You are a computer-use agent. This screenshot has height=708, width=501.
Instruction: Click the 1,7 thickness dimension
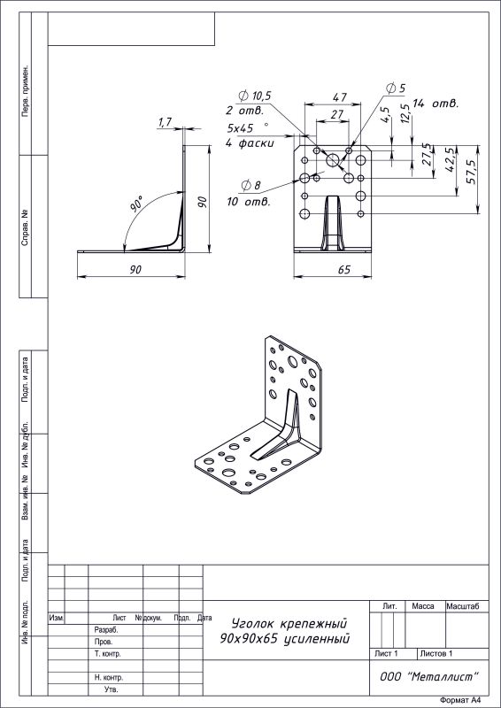click(x=165, y=122)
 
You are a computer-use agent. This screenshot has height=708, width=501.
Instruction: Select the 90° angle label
click(x=137, y=204)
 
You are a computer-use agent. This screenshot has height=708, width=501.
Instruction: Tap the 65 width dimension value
click(x=343, y=270)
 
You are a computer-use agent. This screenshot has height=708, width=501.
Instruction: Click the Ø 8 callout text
click(x=251, y=185)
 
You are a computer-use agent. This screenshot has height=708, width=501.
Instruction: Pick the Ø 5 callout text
click(x=396, y=88)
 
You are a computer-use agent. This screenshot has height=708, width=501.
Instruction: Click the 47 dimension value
click(x=340, y=97)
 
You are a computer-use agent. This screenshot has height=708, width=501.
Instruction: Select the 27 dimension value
click(x=337, y=115)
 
